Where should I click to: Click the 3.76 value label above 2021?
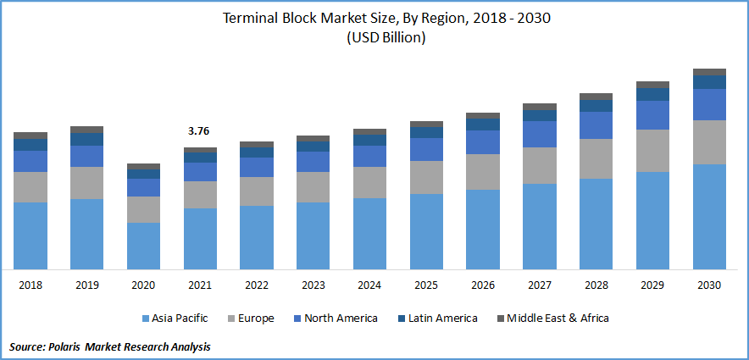click(199, 131)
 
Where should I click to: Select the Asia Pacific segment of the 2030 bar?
click(709, 216)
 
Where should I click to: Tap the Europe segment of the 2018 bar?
click(31, 187)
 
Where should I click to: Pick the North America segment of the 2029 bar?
click(652, 115)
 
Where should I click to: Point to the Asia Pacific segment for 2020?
click(143, 246)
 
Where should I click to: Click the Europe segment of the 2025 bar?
click(426, 177)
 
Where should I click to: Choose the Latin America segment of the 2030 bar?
click(709, 82)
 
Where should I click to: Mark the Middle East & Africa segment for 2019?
click(86, 130)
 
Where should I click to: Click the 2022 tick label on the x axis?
click(256, 285)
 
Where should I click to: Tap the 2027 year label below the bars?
click(540, 285)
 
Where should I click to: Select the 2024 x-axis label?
click(369, 285)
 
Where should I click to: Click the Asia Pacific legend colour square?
click(146, 318)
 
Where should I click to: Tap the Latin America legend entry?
click(441, 318)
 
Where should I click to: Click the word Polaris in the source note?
click(72, 347)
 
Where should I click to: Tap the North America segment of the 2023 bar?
click(313, 162)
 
